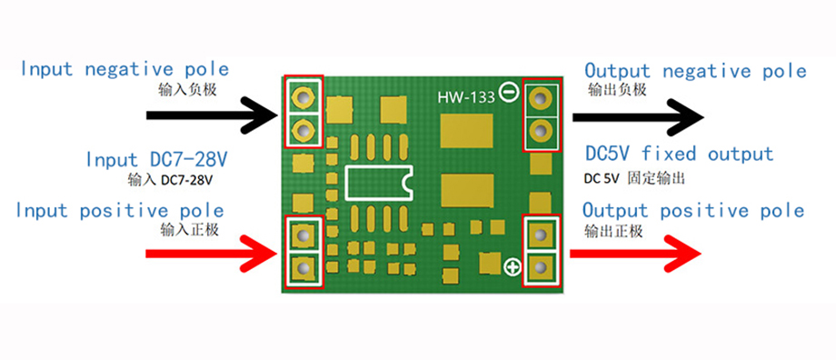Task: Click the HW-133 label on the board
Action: tap(466, 97)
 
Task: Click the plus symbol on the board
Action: tap(513, 266)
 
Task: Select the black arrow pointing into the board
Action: tap(213, 115)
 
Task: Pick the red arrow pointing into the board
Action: tap(213, 255)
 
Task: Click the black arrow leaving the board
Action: tap(638, 117)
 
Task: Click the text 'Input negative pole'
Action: tap(124, 69)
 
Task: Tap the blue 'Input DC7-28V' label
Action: tap(155, 159)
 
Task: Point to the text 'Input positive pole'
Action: tap(120, 210)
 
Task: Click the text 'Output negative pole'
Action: tap(695, 71)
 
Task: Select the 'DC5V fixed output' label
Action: tap(680, 155)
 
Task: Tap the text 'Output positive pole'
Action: tap(693, 210)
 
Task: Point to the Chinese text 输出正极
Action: tap(613, 231)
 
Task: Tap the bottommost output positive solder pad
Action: tap(540, 266)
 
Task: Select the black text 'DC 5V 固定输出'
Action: tap(634, 179)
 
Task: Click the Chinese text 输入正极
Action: tap(189, 230)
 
